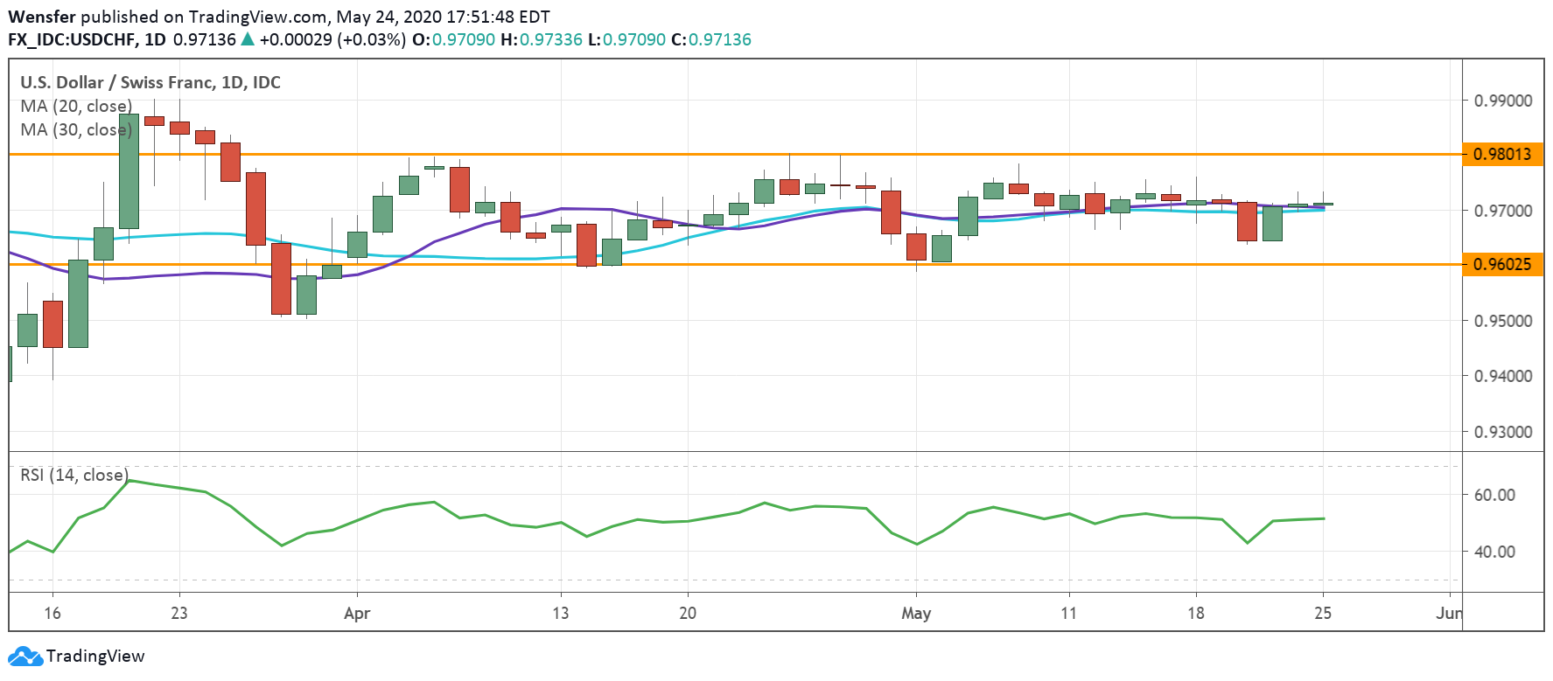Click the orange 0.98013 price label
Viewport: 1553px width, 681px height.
(1502, 155)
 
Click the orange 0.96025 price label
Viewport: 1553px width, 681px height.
(1502, 264)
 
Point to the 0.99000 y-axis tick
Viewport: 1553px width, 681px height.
(1502, 101)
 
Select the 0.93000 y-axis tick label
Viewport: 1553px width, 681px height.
(1502, 432)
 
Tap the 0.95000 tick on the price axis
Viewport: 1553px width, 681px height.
(1502, 321)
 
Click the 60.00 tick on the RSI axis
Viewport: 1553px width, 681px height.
(1494, 495)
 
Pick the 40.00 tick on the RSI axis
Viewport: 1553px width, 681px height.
(1494, 552)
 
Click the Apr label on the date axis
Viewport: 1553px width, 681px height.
(357, 613)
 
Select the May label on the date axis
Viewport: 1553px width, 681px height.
(916, 613)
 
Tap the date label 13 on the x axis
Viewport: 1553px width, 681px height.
(560, 613)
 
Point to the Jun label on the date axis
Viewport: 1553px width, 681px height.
(1448, 613)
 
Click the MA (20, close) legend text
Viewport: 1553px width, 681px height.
(76, 107)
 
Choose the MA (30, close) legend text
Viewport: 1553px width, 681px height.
(76, 130)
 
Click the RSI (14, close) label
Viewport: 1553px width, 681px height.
(74, 475)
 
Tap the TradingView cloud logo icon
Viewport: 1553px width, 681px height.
(24, 657)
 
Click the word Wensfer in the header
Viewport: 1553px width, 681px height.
(42, 17)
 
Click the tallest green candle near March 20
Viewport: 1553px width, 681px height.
(129, 170)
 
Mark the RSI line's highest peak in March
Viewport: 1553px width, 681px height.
(129, 480)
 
